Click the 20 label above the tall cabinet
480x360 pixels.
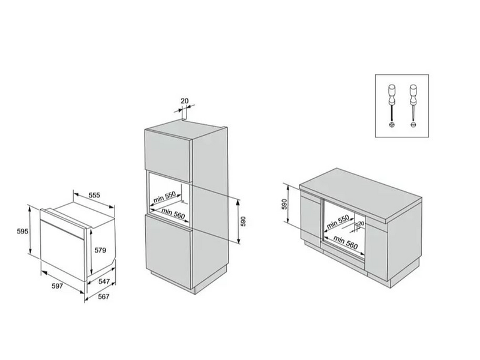pos(184,101)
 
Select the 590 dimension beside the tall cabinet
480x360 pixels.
pos(243,221)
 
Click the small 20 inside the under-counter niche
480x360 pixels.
pos(361,223)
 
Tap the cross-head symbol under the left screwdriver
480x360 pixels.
pos(392,124)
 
